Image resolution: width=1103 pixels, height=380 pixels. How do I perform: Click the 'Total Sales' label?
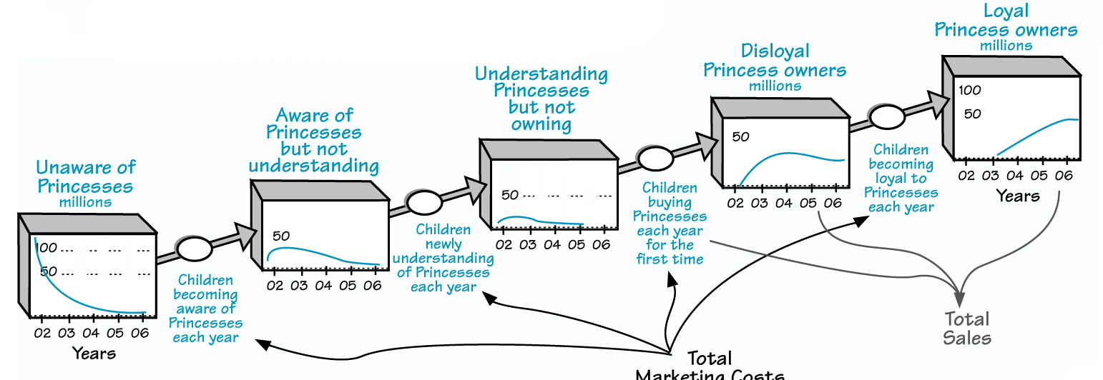point(967,328)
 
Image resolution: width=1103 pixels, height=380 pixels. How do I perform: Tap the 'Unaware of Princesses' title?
point(85,177)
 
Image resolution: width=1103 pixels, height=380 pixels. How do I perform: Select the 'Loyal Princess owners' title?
point(1006,21)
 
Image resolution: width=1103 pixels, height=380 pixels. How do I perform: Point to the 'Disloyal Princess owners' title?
point(775,61)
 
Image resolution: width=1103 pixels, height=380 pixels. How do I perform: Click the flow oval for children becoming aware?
point(195,249)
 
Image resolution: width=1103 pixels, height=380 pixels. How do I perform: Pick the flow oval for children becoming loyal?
point(887,118)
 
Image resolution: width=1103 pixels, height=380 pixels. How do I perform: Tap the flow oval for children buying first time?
point(656,159)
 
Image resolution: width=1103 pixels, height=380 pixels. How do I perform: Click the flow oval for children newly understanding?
point(425,203)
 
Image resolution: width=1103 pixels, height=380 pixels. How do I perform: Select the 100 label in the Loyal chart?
point(969,91)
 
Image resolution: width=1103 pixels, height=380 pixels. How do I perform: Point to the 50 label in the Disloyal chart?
point(740,136)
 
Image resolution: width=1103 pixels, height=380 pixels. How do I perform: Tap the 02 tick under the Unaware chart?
point(42,333)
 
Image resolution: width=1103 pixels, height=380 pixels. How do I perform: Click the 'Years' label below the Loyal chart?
point(1018,196)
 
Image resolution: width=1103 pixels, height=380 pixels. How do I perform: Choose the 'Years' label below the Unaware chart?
point(94,353)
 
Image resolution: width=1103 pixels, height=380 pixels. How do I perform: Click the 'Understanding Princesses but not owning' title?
point(541,99)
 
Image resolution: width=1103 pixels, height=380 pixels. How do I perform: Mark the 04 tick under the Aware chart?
point(323,286)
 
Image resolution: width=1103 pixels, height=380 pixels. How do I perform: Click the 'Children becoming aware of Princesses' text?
point(205,309)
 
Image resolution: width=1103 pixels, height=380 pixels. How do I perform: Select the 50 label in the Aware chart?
point(280,236)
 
